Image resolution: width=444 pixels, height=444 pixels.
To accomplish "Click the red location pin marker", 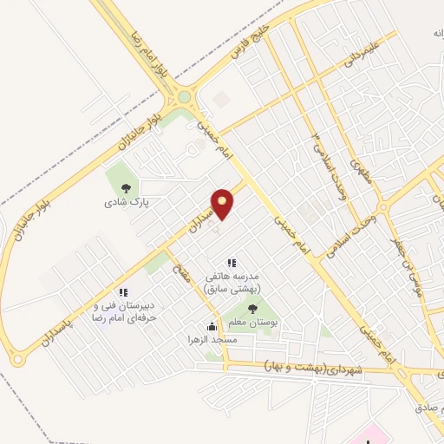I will click(x=223, y=203).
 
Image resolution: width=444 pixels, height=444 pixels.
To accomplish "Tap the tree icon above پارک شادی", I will click(x=127, y=188).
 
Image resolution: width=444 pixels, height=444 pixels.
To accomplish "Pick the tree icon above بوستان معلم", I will click(x=251, y=307).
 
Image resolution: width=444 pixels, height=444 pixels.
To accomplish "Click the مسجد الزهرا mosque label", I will click(x=212, y=341).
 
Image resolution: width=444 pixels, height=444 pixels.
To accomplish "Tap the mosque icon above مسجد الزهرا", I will click(x=212, y=326).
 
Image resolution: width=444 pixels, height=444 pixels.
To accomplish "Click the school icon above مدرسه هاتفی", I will click(x=231, y=263).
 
